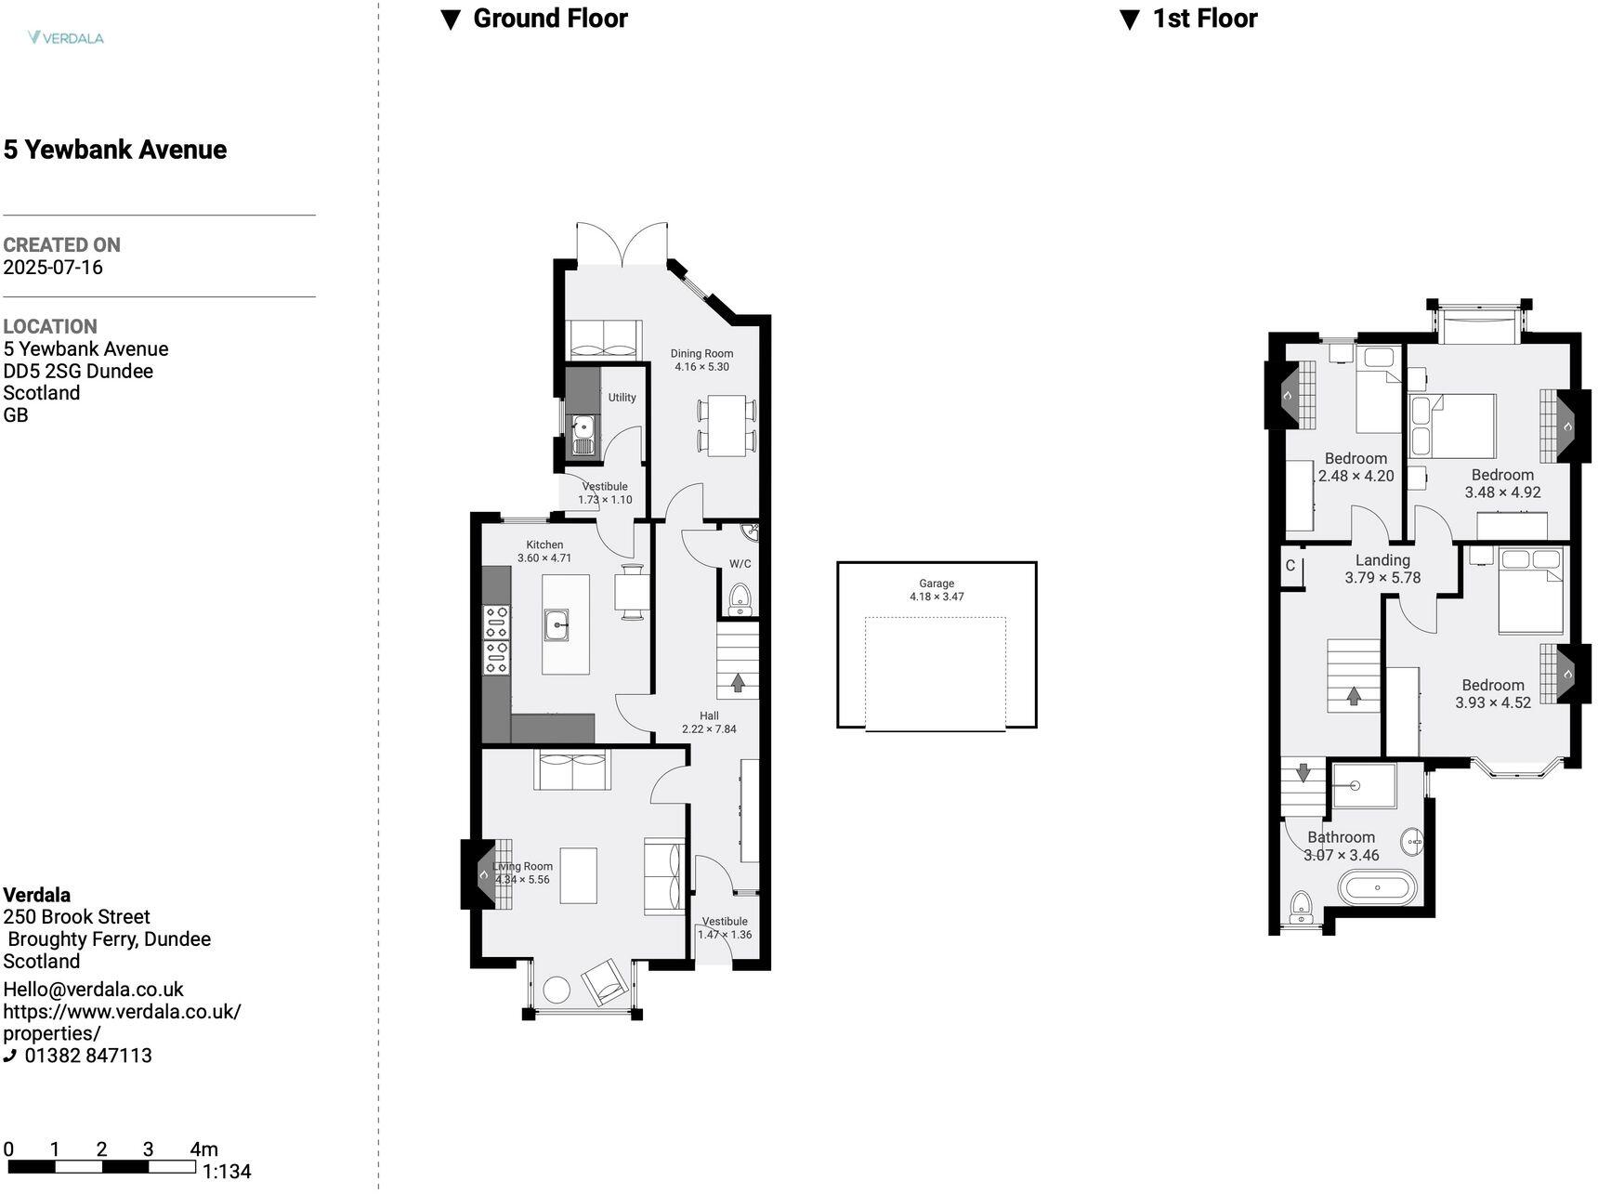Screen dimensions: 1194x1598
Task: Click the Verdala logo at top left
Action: click(x=65, y=38)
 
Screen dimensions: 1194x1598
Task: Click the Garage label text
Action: click(x=936, y=584)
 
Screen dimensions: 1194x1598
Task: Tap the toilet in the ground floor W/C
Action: click(x=740, y=598)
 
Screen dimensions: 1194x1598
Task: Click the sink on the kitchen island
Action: click(x=557, y=624)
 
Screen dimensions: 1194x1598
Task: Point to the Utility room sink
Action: click(x=583, y=428)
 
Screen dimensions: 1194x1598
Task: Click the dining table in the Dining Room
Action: click(x=727, y=425)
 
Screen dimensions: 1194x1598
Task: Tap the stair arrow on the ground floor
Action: click(x=738, y=683)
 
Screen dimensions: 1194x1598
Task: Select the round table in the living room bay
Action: click(x=557, y=989)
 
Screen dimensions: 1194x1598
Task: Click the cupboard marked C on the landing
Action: click(x=1290, y=566)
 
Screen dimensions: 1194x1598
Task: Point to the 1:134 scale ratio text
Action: click(x=227, y=1172)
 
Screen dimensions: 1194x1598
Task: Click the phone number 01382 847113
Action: click(x=87, y=1056)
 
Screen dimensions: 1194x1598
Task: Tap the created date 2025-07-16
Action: click(x=53, y=268)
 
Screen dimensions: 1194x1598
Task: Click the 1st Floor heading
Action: click(x=1204, y=19)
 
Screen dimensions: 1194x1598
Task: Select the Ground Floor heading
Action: click(x=549, y=19)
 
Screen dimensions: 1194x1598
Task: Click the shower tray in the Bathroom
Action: click(x=1363, y=786)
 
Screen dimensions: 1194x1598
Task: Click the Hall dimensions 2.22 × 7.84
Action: click(x=709, y=729)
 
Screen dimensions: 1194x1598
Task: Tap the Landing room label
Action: click(x=1382, y=560)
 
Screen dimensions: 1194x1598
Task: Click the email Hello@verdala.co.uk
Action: click(x=93, y=990)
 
